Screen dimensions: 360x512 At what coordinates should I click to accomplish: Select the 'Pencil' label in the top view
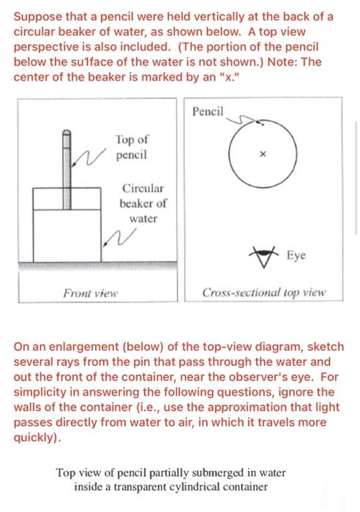point(210,111)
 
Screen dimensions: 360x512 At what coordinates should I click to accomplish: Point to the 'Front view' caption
point(91,294)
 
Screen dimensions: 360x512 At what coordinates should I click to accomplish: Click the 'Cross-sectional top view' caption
point(265,294)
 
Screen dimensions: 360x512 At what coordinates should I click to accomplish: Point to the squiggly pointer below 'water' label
point(114,236)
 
